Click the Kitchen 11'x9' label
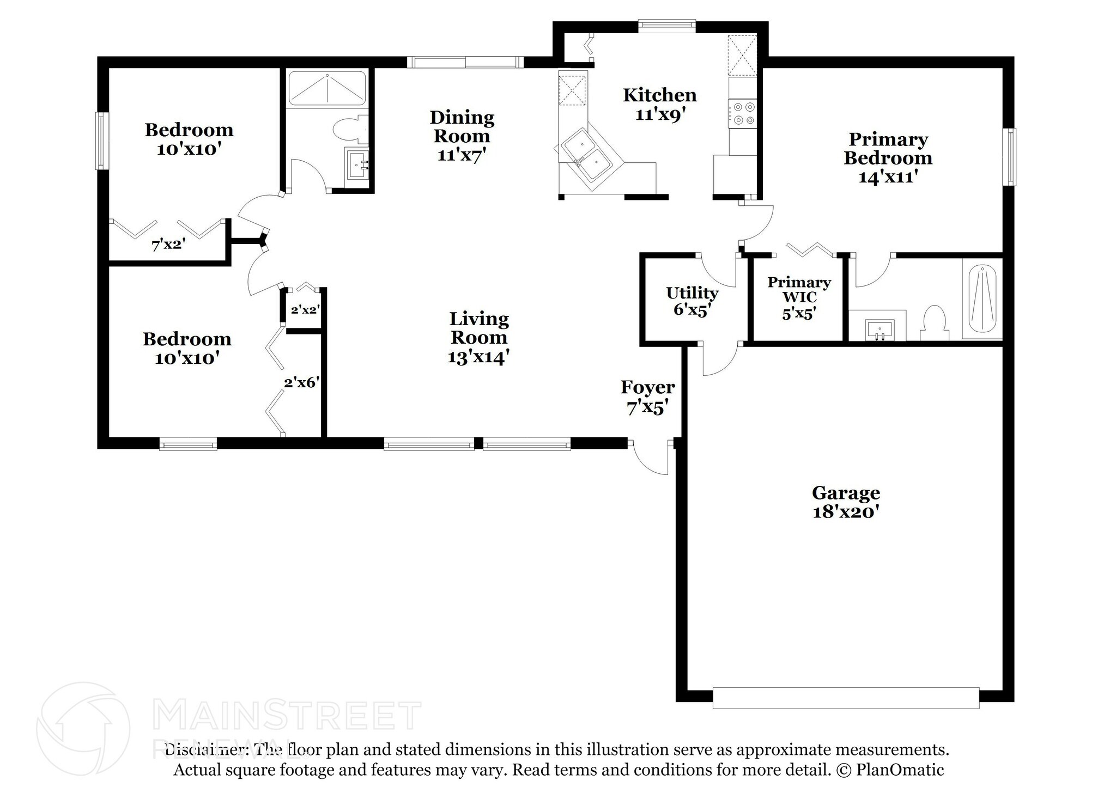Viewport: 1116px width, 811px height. tap(659, 105)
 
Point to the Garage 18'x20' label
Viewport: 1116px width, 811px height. tap(846, 502)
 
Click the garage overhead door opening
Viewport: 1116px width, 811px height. tap(846, 698)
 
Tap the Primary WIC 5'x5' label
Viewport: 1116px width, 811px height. tap(799, 297)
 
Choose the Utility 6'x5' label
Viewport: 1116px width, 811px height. tap(692, 301)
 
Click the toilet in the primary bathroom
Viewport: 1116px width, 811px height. tap(934, 324)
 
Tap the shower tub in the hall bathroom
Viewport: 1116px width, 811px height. tap(326, 88)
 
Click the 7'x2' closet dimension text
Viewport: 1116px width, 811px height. tap(168, 245)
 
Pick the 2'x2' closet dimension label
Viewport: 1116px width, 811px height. tap(305, 310)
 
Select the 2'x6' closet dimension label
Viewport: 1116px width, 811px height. tap(301, 383)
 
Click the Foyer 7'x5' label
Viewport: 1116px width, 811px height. tap(647, 397)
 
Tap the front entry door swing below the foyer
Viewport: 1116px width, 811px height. tap(650, 458)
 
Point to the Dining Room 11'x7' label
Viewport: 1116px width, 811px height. tap(462, 136)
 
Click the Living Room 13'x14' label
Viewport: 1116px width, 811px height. tap(478, 337)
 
